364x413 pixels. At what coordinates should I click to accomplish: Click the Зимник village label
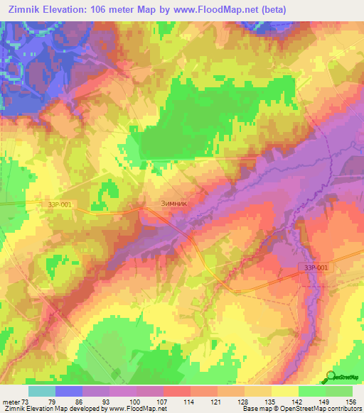pyautogui.click(x=173, y=203)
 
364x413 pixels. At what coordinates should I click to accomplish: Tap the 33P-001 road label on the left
pyautogui.click(x=59, y=205)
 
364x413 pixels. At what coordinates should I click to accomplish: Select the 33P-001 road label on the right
pyautogui.click(x=313, y=268)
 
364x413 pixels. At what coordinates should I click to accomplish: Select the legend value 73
pyautogui.click(x=26, y=400)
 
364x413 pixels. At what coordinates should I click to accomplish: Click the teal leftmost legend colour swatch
pyautogui.click(x=42, y=391)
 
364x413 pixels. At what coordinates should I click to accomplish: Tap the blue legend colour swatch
pyautogui.click(x=69, y=391)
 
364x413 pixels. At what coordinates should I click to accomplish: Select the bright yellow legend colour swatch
pyautogui.click(x=285, y=391)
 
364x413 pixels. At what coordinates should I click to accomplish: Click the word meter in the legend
pyautogui.click(x=10, y=400)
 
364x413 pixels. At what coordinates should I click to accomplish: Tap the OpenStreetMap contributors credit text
pyautogui.click(x=323, y=409)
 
